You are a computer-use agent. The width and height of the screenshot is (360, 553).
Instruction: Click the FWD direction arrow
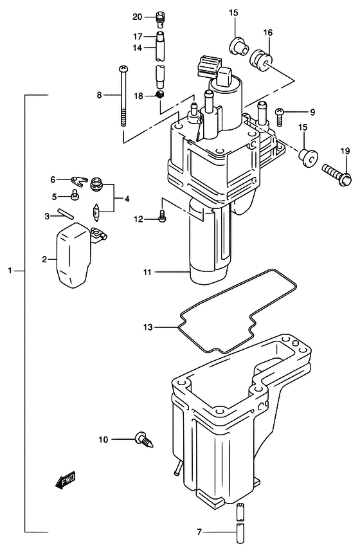[66, 480]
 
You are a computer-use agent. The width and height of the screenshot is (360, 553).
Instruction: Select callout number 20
[138, 16]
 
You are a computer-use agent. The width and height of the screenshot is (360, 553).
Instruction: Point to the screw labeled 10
[143, 441]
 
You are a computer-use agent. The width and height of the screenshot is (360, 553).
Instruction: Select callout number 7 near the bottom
[200, 532]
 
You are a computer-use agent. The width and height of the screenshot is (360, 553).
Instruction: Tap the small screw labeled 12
[162, 220]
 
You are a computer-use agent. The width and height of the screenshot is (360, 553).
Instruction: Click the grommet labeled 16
[262, 60]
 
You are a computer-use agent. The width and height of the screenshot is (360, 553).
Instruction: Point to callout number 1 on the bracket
[11, 271]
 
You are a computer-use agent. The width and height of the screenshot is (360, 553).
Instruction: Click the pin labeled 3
[66, 214]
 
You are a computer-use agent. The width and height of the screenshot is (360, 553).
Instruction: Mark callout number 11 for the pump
[147, 272]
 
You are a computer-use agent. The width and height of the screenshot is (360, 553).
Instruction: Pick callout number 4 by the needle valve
[127, 198]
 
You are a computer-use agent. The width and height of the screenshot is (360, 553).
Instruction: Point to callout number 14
[138, 47]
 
